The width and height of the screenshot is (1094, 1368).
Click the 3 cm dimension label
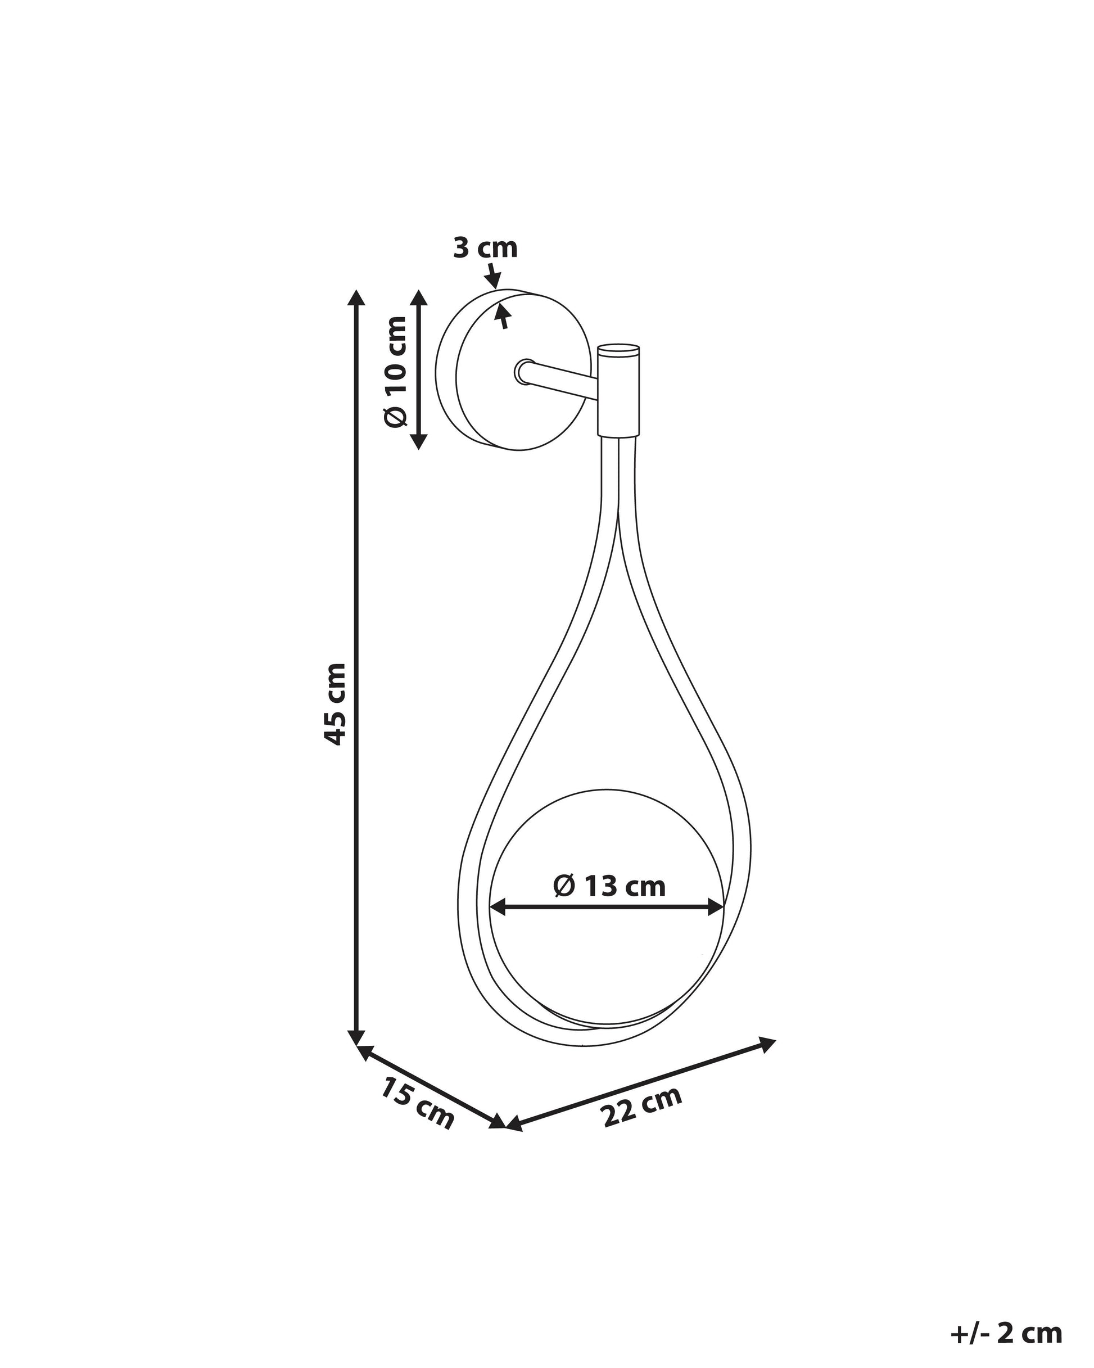(x=486, y=248)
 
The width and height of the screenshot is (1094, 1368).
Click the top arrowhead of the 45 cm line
(x=357, y=297)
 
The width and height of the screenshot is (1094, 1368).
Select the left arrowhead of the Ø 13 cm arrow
(x=499, y=908)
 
